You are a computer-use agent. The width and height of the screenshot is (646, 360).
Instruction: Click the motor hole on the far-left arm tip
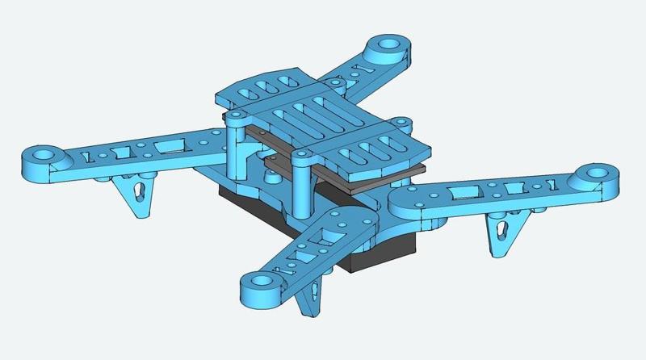click(x=43, y=152)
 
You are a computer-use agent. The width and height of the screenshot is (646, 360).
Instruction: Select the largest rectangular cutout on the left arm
click(x=170, y=145)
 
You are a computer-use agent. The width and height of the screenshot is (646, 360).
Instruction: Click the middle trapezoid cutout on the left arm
click(x=124, y=149)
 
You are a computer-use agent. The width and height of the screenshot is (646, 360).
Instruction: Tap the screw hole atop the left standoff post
click(x=234, y=116)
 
